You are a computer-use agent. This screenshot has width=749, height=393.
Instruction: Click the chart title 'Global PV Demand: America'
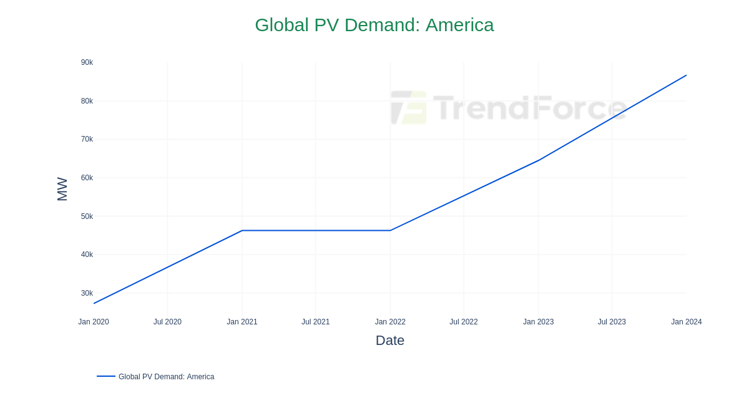374,25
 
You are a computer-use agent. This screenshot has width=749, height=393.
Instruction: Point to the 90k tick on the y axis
87,62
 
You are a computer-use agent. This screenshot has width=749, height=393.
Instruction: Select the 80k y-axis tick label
87,101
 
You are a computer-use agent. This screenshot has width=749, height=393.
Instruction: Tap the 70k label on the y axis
87,139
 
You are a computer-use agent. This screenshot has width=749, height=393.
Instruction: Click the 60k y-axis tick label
87,178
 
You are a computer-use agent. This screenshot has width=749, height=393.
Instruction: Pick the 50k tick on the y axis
87,216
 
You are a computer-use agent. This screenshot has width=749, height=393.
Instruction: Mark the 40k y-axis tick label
87,255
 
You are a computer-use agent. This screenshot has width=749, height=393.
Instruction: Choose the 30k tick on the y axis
87,293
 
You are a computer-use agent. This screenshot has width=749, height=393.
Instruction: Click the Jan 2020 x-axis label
94,322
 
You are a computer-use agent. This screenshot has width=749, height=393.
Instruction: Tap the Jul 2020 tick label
167,322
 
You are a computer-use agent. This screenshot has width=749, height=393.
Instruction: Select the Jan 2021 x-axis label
242,322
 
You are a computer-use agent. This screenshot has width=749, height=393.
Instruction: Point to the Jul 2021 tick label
315,322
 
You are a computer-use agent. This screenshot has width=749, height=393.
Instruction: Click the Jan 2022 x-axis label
390,322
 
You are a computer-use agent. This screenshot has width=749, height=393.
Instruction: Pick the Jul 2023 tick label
612,322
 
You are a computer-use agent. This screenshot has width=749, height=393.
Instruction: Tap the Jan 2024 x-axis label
686,322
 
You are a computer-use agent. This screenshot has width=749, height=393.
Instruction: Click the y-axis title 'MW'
62,189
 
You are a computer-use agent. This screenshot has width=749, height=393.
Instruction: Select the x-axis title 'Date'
390,341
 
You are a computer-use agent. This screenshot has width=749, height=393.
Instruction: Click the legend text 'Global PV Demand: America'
166,377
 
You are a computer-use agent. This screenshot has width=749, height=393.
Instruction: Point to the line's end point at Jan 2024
686,75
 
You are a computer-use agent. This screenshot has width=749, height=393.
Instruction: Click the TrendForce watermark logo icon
409,107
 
